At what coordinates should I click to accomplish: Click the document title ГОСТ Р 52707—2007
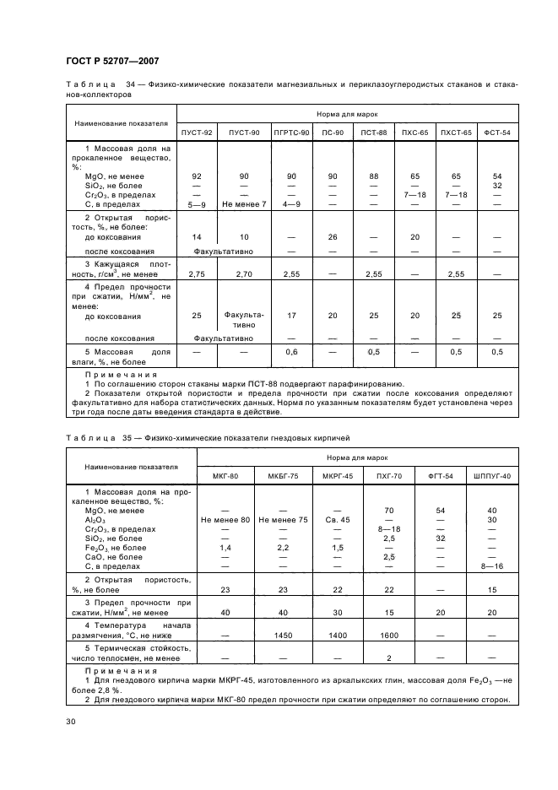[x=112, y=61]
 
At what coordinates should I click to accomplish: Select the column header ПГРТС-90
[x=291, y=133]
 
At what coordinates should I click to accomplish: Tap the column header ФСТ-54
[x=497, y=133]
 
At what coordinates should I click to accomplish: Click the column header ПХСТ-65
[x=456, y=133]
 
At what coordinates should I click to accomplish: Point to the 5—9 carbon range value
[x=197, y=204]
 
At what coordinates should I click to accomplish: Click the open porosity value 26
[x=333, y=237]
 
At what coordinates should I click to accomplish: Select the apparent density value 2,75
[x=197, y=275]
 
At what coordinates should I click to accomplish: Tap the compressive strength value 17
[x=291, y=316]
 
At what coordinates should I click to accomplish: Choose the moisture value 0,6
[x=291, y=352]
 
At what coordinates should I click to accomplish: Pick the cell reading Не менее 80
[x=225, y=520]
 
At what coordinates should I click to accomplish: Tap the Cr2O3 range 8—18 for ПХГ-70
[x=389, y=529]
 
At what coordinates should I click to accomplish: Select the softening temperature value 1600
[x=389, y=634]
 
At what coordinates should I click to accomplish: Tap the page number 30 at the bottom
[x=70, y=722]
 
